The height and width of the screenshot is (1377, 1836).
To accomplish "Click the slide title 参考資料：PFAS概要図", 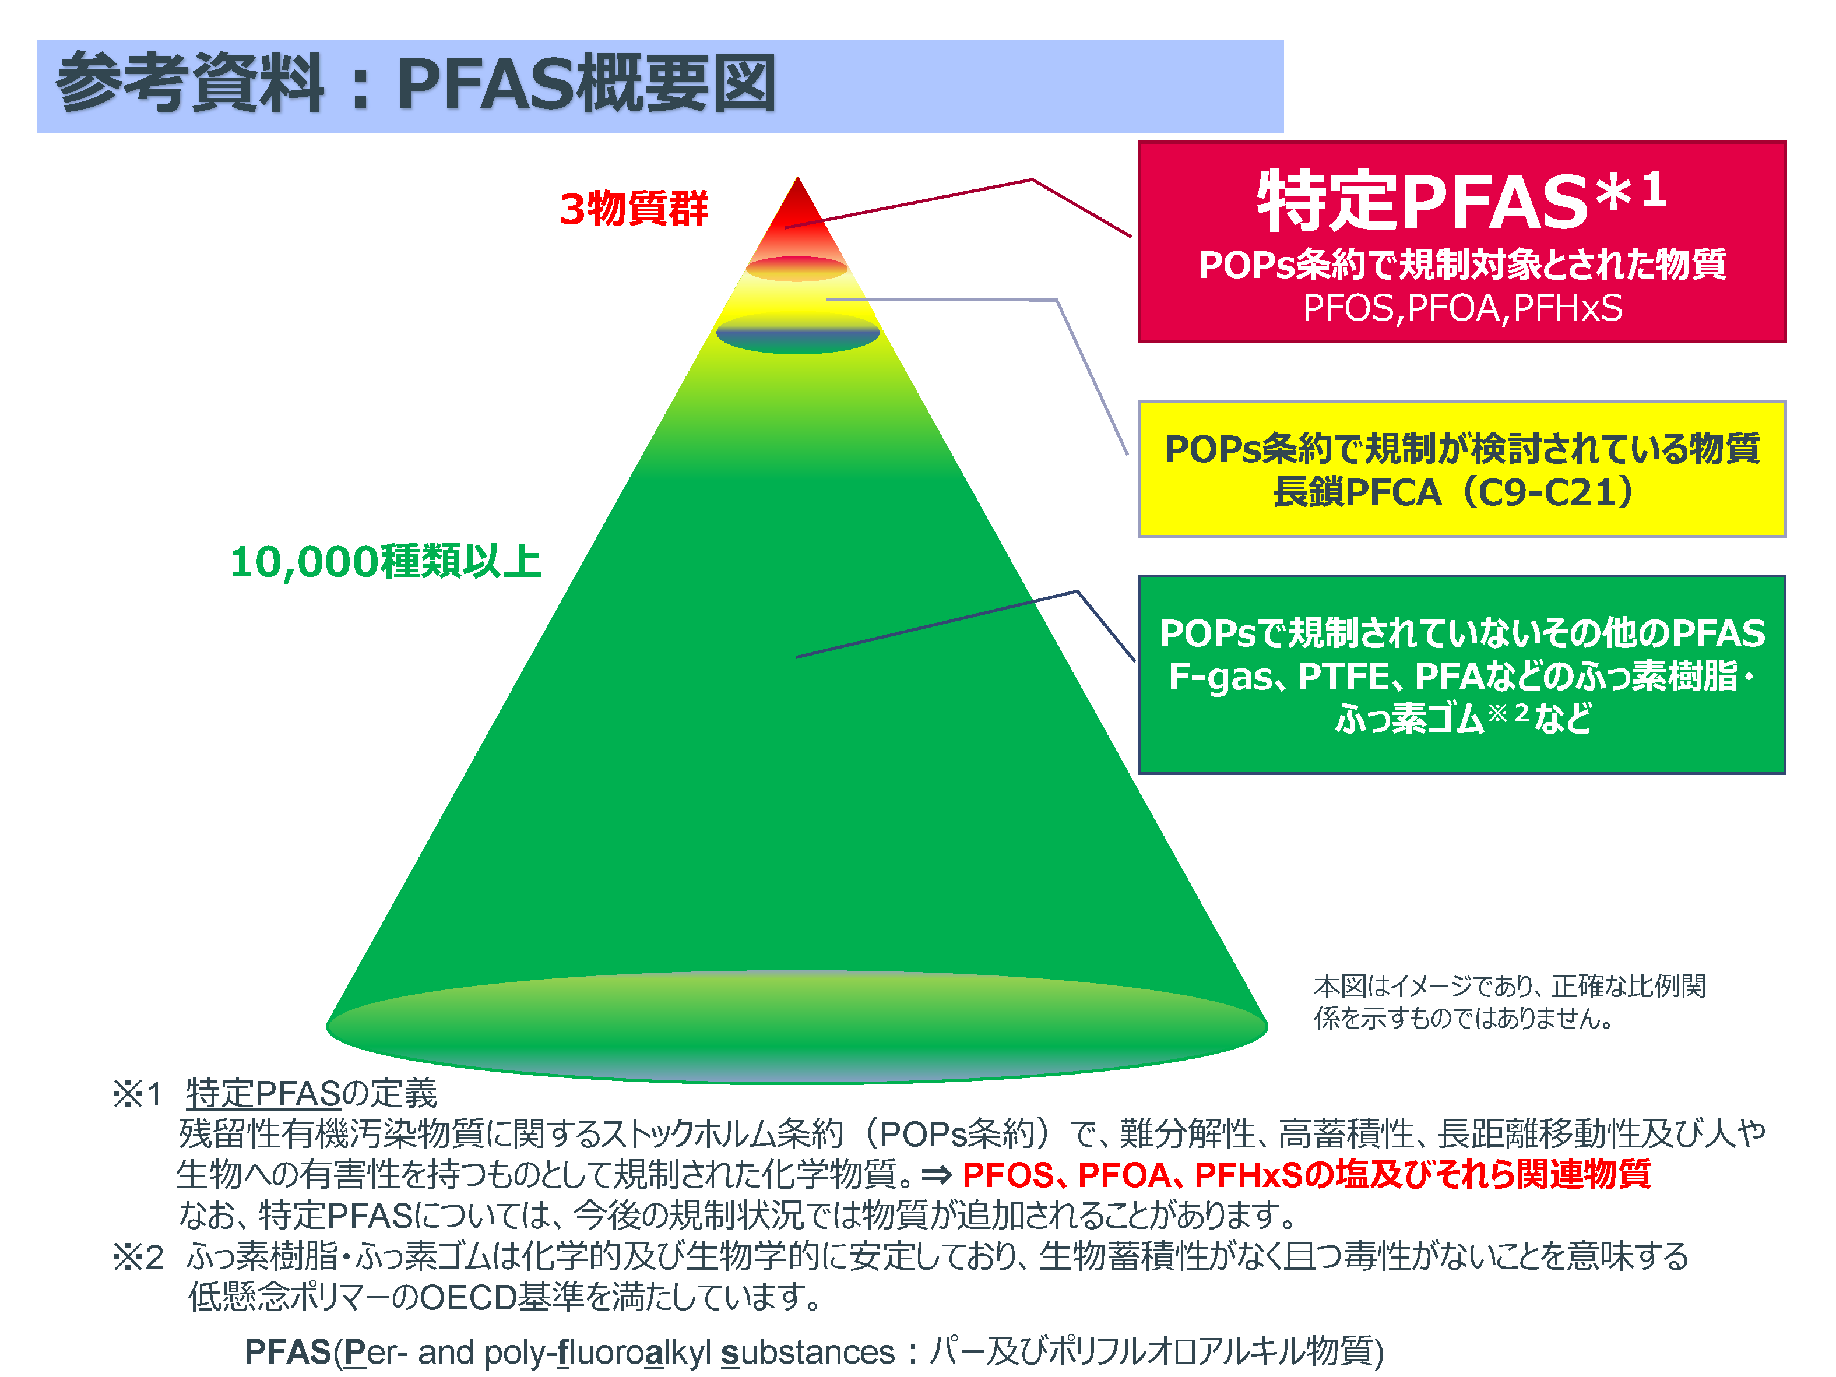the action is [x=416, y=83].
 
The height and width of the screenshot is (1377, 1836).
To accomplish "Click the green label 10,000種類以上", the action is [x=386, y=562].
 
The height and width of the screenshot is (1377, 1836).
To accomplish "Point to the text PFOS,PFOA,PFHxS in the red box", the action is [x=1462, y=308].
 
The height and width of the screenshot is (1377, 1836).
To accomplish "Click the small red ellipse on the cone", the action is [x=797, y=269].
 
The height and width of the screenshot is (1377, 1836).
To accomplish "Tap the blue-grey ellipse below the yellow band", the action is [x=798, y=334].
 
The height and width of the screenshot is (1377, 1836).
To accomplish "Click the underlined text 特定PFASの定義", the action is [x=311, y=1094].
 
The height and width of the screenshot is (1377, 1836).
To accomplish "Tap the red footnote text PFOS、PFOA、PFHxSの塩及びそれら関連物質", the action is [x=1306, y=1174].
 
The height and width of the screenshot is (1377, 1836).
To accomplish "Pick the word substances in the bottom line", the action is [x=808, y=1352].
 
